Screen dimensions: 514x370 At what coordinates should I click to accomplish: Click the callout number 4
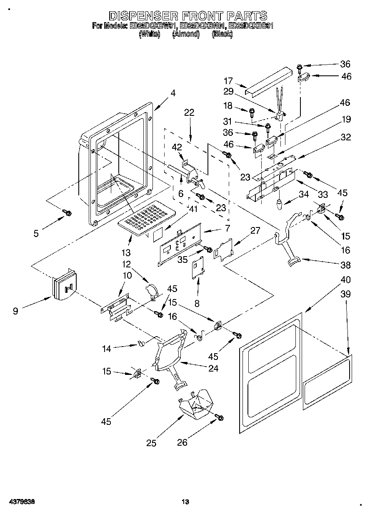(x=172, y=94)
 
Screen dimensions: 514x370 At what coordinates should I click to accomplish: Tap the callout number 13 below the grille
(x=126, y=252)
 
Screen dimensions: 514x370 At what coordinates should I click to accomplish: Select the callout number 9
(x=15, y=310)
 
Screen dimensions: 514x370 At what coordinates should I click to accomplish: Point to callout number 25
(x=151, y=443)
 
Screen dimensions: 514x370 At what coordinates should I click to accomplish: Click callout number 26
(x=182, y=443)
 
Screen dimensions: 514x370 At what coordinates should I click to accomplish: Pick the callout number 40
(x=345, y=279)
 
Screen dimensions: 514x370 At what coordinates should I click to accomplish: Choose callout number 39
(x=345, y=294)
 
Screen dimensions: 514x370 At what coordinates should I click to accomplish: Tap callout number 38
(x=345, y=265)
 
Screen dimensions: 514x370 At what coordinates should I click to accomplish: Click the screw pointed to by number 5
(x=67, y=213)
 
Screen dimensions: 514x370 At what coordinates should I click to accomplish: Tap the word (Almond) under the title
(x=186, y=35)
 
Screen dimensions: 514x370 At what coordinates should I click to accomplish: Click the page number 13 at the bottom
(x=185, y=502)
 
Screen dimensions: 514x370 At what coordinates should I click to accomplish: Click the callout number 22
(x=189, y=112)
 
